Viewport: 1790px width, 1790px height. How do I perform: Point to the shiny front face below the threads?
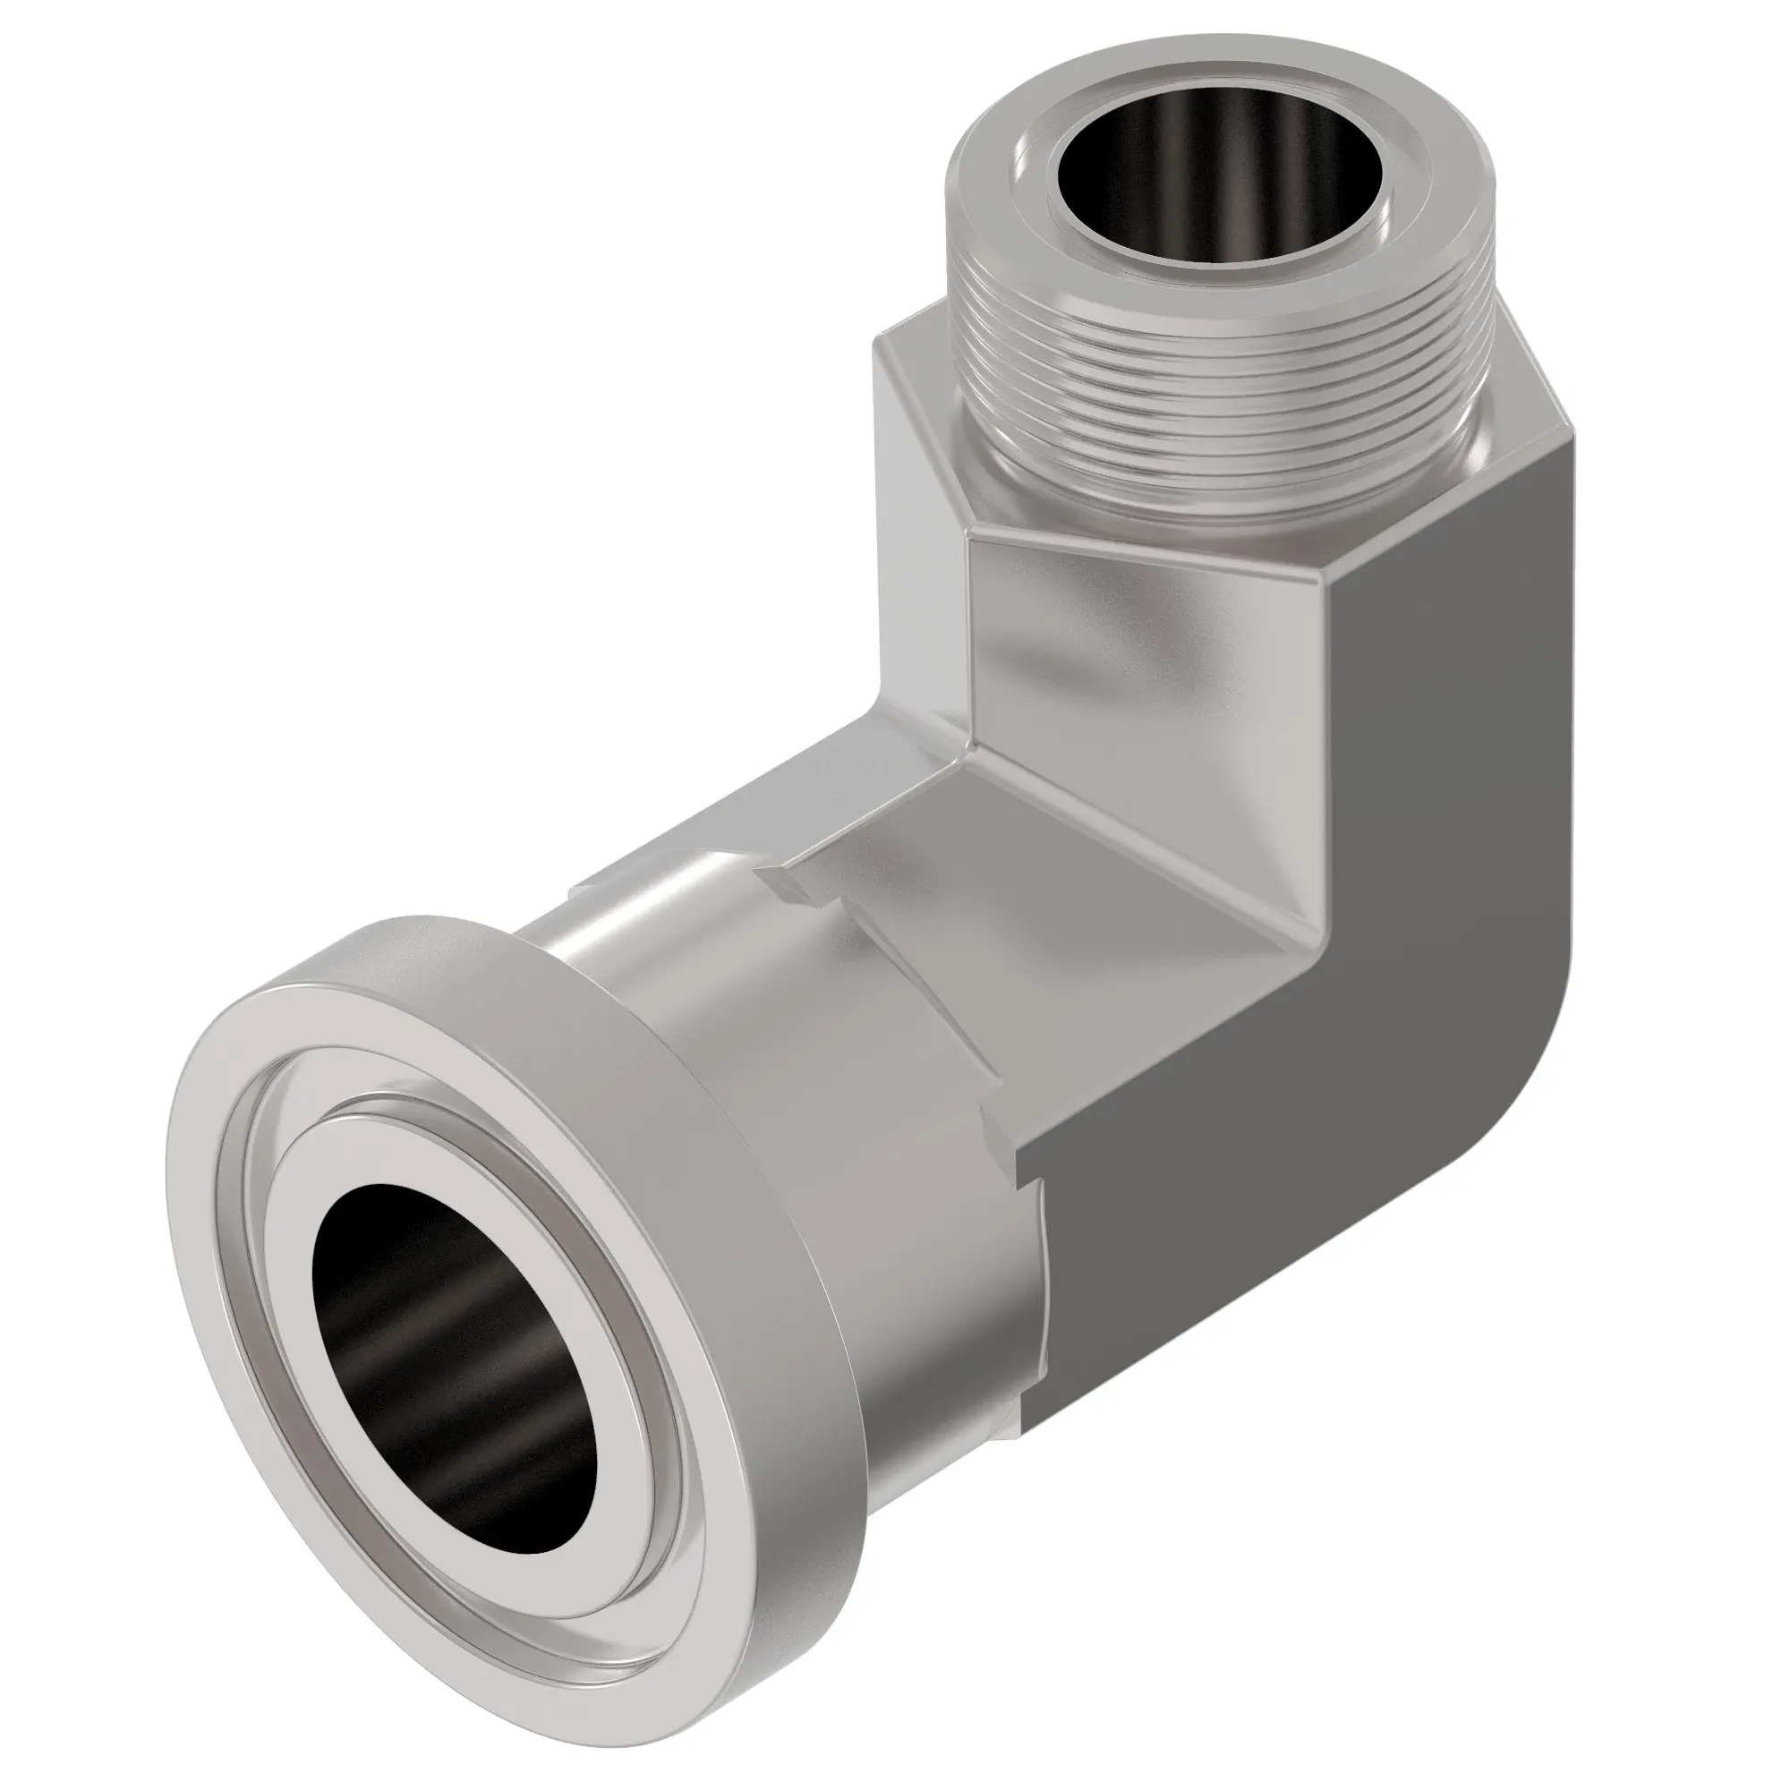[1139, 649]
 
